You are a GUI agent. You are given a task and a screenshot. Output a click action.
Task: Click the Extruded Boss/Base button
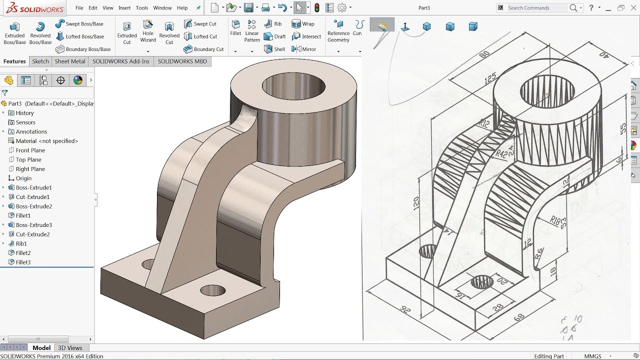click(x=14, y=33)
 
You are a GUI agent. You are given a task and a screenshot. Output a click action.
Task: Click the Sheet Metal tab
click(x=70, y=61)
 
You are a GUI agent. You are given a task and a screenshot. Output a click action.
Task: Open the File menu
click(x=79, y=8)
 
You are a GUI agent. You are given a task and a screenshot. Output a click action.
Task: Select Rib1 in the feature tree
click(x=21, y=243)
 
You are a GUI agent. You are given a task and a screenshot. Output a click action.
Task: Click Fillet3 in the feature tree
click(x=23, y=262)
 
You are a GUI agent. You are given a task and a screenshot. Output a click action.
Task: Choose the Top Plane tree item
click(x=28, y=159)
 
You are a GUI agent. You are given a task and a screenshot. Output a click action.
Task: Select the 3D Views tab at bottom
click(x=70, y=348)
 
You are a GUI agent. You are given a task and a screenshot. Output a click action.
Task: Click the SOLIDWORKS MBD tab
click(x=182, y=61)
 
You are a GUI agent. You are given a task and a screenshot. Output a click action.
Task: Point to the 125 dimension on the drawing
click(x=490, y=78)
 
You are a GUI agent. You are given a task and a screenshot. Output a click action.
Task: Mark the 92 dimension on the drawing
click(x=405, y=310)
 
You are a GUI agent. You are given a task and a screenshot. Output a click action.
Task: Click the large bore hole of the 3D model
click(x=289, y=86)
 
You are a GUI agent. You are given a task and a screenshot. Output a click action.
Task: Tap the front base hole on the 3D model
click(x=212, y=290)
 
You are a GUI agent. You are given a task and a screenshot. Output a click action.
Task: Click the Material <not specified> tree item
click(x=47, y=141)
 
